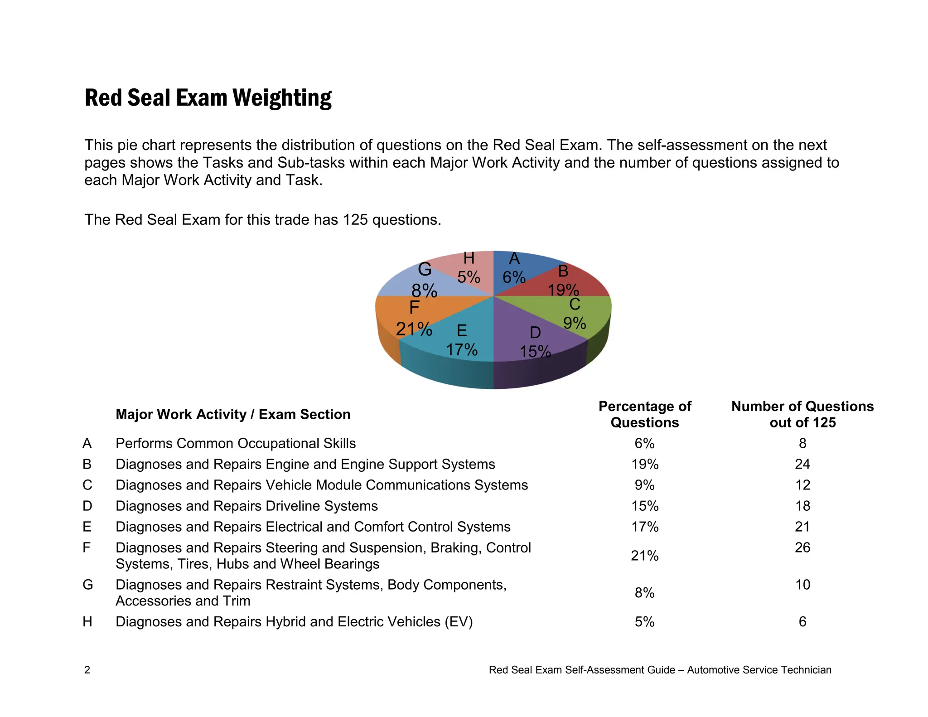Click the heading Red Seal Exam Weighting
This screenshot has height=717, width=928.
208,98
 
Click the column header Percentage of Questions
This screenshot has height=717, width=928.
644,414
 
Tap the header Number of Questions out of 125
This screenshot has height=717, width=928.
802,414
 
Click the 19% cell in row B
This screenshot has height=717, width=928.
644,464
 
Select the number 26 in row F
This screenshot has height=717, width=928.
802,547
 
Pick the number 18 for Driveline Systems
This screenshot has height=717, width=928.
802,506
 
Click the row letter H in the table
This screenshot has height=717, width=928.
87,621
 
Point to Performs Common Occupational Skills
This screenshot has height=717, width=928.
236,443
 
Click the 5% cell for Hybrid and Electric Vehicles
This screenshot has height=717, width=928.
644,621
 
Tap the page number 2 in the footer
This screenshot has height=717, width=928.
87,670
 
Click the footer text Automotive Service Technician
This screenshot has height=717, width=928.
759,670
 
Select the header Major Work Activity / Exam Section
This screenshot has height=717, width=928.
233,414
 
